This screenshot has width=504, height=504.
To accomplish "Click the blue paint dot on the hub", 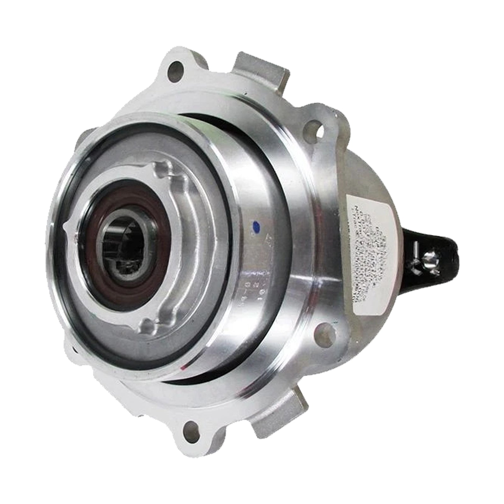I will (x=256, y=225).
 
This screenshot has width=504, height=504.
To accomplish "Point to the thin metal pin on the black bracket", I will (x=415, y=249).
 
